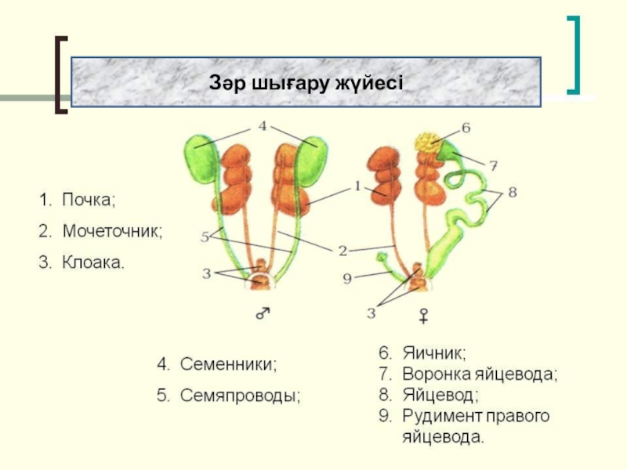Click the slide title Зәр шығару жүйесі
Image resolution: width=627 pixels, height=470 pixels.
(x=306, y=82)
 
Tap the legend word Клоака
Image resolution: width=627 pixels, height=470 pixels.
(x=92, y=262)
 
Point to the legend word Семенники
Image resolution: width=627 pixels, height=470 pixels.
(x=229, y=364)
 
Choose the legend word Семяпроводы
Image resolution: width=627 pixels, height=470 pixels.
(x=241, y=396)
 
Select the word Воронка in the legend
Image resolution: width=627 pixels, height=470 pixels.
(x=434, y=374)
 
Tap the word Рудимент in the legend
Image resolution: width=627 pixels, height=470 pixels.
(x=439, y=415)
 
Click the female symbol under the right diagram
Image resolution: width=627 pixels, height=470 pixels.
(x=423, y=316)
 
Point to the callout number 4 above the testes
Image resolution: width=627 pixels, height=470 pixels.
(x=263, y=125)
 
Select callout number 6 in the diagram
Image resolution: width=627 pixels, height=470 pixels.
(x=465, y=127)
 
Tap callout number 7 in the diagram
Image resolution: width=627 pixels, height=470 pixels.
(x=493, y=165)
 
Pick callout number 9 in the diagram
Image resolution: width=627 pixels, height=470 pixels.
(x=347, y=277)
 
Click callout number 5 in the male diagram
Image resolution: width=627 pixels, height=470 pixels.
(x=205, y=236)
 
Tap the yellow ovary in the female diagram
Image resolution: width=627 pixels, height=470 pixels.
(x=428, y=143)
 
